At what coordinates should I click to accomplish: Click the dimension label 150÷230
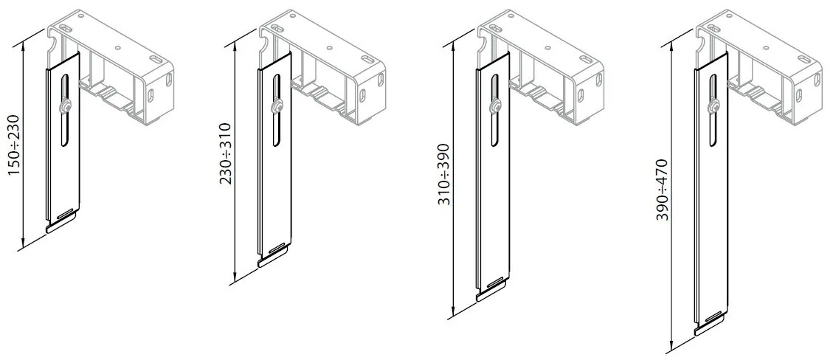(x=13, y=145)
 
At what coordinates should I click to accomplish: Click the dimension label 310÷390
(x=443, y=174)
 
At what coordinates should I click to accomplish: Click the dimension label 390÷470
(x=662, y=190)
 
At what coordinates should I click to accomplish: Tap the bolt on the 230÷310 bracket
(x=276, y=107)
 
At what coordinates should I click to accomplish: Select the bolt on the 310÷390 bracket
(x=494, y=107)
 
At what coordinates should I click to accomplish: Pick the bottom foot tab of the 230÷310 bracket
(x=274, y=258)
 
